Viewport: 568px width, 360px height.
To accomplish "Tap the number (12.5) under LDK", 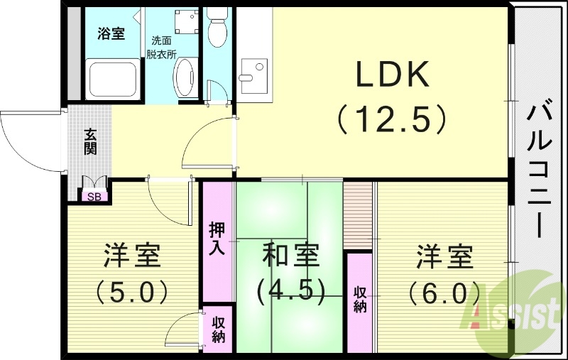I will (392, 119).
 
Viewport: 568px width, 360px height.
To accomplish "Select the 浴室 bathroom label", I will (111, 33).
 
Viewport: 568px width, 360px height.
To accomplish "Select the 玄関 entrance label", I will (90, 141).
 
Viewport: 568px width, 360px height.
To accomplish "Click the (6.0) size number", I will (444, 291).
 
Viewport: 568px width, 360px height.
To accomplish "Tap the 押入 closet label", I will (217, 239).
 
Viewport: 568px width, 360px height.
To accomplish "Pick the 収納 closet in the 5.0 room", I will (217, 328).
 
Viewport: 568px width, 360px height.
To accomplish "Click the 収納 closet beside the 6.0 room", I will (360, 300).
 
